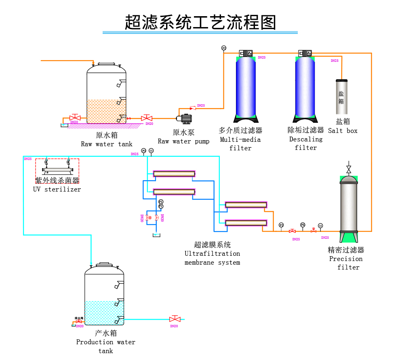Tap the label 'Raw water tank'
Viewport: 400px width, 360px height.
click(106, 144)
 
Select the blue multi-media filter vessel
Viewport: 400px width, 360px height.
click(246, 87)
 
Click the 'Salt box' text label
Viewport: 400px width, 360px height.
click(343, 131)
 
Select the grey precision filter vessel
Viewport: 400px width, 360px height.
click(349, 206)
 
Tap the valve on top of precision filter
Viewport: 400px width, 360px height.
click(349, 168)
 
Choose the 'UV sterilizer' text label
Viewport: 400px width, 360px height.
click(57, 189)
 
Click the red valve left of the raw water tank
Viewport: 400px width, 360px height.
click(75, 118)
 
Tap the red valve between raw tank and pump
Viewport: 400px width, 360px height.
click(146, 118)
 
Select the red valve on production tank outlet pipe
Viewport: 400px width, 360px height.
click(175, 319)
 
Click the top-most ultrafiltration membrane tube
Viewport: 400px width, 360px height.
click(174, 174)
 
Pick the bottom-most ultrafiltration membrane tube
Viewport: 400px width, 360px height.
click(246, 223)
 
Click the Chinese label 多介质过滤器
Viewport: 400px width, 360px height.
click(240, 130)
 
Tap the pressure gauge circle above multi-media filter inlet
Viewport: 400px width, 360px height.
click(224, 48)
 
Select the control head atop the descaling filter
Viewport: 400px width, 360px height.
click(305, 53)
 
